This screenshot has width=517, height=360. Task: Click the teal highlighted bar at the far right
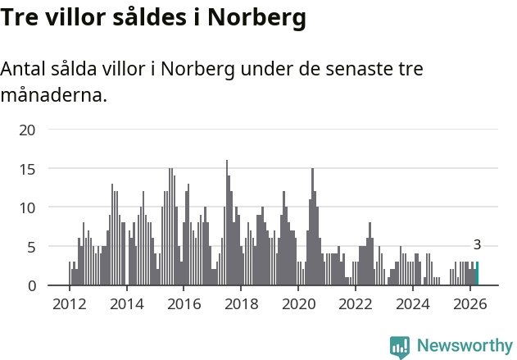477,273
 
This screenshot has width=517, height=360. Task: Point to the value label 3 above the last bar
477,245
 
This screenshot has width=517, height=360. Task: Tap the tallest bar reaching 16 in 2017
227,222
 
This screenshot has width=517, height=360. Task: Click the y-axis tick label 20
27,130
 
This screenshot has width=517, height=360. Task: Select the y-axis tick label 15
27,170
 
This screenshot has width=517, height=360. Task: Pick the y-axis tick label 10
27,208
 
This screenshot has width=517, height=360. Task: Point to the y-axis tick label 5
31,247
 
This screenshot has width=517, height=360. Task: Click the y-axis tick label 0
32,286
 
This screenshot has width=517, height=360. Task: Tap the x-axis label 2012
70,304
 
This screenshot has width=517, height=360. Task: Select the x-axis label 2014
127,304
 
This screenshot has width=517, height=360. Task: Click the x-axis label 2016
184,304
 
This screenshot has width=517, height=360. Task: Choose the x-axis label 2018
242,304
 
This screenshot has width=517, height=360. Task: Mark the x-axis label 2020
299,304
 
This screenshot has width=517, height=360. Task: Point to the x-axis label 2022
356,304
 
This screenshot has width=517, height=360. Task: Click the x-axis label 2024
413,304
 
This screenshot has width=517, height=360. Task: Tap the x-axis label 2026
470,304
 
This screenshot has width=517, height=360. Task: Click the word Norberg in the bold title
256,18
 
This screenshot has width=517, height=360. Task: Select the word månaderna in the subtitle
54,95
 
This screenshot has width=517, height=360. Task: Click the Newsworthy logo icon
400,347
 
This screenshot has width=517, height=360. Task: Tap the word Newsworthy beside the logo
465,345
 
